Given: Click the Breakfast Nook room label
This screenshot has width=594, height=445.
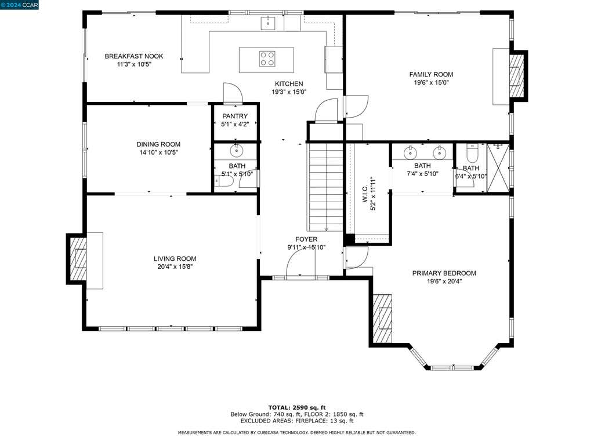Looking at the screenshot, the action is tap(134, 56).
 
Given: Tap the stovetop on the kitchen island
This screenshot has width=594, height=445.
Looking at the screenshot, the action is tap(267, 59).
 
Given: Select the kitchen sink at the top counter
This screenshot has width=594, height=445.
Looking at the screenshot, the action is tap(268, 23).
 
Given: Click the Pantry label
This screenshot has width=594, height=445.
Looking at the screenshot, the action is tap(235, 116).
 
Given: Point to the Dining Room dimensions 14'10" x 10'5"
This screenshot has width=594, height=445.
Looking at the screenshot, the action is tap(158, 152).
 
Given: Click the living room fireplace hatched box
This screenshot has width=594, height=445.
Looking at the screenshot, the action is tap(78, 259).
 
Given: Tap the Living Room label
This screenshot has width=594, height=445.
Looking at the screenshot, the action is tap(175, 259).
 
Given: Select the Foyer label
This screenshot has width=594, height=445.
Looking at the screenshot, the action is tap(306, 239).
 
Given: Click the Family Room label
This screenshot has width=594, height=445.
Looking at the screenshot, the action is tap(431, 75).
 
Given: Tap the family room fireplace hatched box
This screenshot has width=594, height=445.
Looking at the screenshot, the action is tap(517, 76).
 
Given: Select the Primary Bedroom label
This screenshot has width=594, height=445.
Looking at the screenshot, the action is tap(444, 273).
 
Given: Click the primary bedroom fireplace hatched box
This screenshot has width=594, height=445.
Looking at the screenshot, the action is tap(383, 318).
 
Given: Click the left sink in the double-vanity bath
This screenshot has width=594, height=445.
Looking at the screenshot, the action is tap(410, 152).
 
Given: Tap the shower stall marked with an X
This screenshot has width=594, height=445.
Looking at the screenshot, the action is tap(498, 167).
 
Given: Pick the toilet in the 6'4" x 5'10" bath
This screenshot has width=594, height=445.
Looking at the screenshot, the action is tap(472, 153).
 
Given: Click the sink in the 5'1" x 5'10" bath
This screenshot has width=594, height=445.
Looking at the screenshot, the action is tap(237, 150).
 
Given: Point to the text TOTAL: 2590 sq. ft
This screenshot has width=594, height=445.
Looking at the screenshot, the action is tap(297, 407).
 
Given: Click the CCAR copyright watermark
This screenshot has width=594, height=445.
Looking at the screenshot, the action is tap(19, 5).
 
